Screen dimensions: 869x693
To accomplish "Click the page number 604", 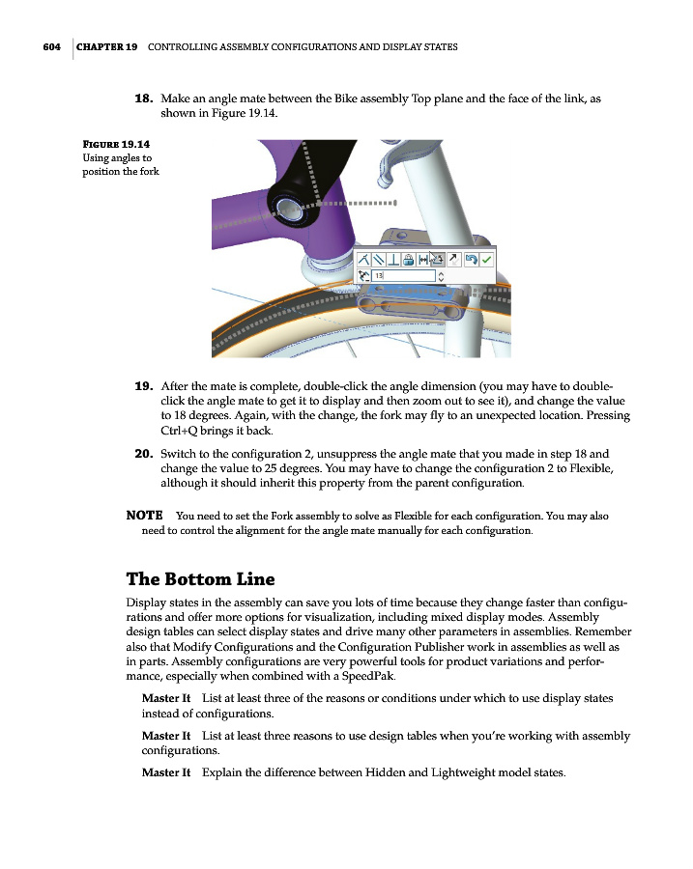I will [51, 46].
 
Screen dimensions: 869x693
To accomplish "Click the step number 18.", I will [143, 98].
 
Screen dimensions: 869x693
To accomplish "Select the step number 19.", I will [143, 384].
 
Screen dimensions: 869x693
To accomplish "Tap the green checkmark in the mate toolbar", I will [487, 259].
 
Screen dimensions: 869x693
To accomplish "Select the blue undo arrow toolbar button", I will [471, 259].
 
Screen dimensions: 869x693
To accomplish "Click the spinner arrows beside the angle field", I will [442, 276].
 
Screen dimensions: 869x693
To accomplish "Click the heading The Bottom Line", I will [201, 579].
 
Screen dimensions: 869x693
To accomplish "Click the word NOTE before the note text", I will [144, 516].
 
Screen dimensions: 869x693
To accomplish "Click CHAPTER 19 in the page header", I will [106, 46].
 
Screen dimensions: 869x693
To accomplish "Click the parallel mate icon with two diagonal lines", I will [378, 259].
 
